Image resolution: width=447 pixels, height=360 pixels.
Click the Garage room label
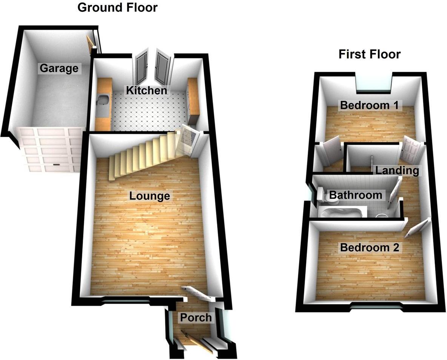coord(59,68)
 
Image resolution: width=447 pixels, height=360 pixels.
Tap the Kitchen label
coord(146,91)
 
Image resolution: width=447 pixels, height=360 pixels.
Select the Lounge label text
coord(150,196)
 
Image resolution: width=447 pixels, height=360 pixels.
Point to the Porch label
coord(196,318)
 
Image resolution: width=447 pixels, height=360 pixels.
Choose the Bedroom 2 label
coord(370,248)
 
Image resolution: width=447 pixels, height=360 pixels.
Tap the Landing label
coord(397,171)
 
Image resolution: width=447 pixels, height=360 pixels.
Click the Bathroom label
coord(356,195)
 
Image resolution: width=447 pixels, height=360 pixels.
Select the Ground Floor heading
coord(117,8)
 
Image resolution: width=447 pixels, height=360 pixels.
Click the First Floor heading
coord(369,54)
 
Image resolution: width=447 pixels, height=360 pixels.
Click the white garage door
coord(51,149)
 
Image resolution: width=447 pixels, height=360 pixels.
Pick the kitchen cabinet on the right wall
coord(193,100)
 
